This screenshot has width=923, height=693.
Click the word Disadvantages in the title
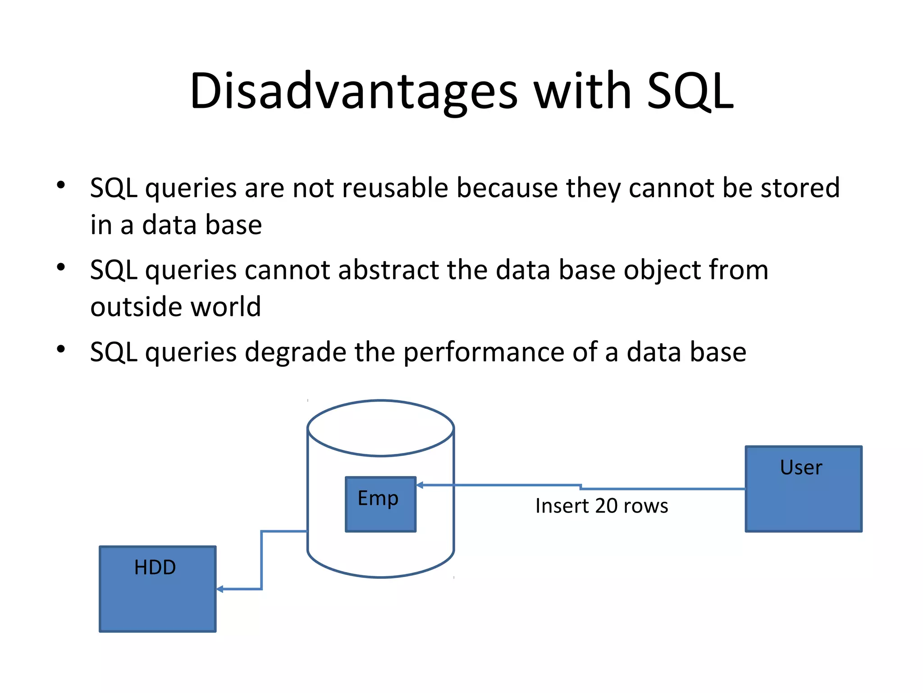point(354,92)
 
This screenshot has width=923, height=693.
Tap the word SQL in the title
point(690,92)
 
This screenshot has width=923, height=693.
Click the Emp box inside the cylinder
point(380,504)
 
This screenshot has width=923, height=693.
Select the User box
point(804,489)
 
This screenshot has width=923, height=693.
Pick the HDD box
point(157,589)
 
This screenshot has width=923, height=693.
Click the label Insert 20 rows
point(602,506)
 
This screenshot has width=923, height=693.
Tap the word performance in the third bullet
point(484,352)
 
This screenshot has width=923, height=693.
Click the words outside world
point(176,307)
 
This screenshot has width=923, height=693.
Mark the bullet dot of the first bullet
point(61,185)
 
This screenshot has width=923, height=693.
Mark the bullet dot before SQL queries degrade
point(61,349)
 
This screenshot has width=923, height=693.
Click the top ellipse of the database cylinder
point(380,428)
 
